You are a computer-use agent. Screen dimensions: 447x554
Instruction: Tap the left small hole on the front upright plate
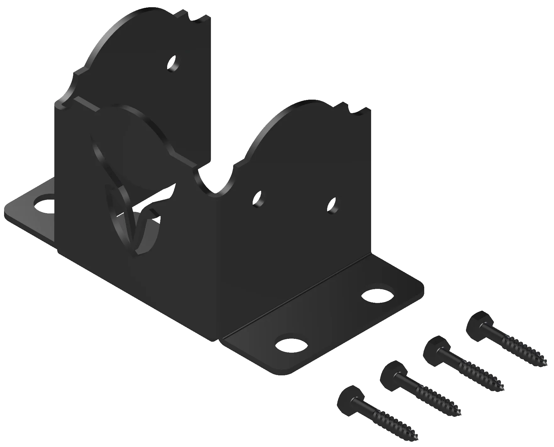click(259, 198)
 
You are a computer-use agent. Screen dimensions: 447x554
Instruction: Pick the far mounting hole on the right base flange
click(378, 295)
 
